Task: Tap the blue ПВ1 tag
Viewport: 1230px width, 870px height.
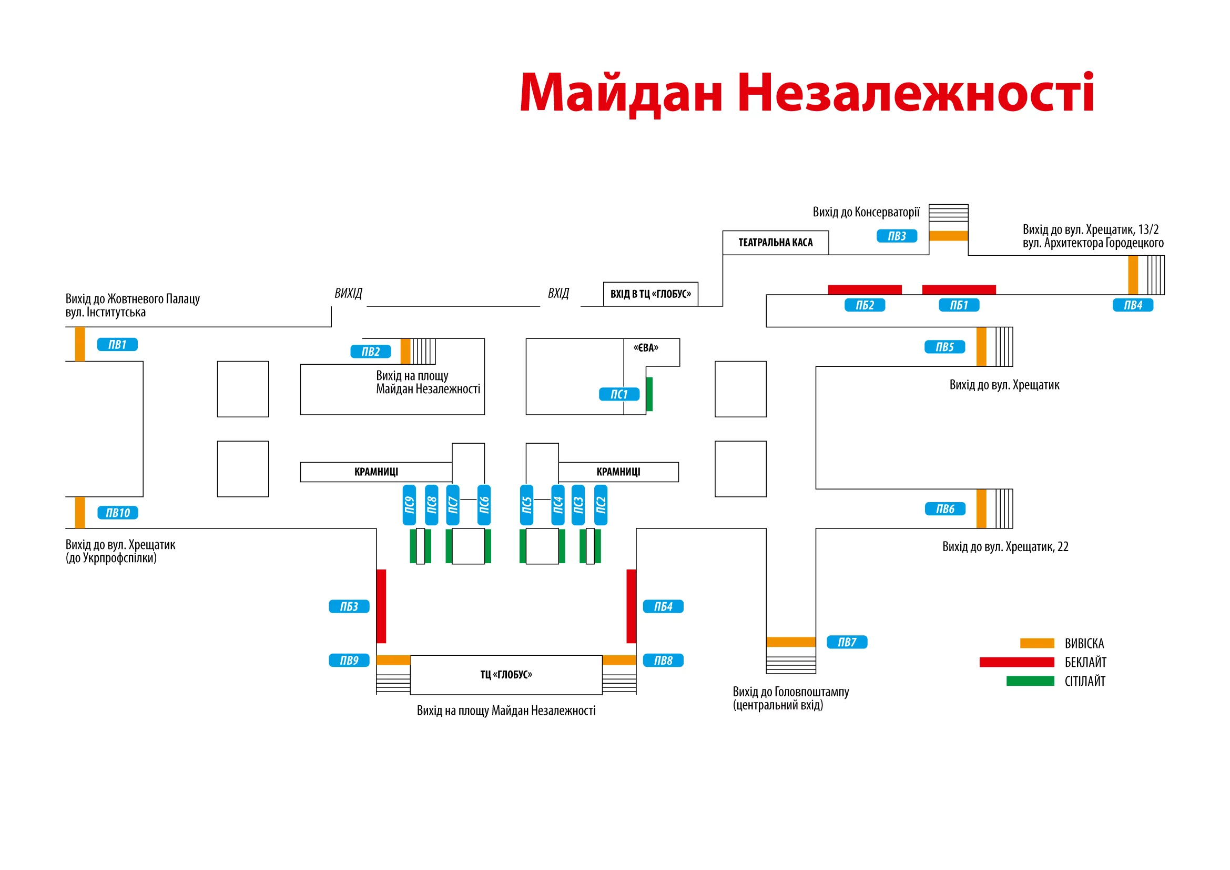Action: click(x=117, y=345)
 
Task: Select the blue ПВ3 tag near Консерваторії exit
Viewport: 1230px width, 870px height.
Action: click(x=897, y=236)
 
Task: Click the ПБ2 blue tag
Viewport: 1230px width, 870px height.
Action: click(x=865, y=305)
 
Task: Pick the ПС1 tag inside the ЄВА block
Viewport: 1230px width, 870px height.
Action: click(x=619, y=394)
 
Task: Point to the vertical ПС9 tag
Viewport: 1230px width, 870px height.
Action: click(x=409, y=505)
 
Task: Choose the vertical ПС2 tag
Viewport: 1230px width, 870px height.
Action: click(x=601, y=505)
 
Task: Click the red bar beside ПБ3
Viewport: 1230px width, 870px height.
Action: click(x=381, y=606)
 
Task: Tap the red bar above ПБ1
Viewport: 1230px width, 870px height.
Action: click(x=959, y=290)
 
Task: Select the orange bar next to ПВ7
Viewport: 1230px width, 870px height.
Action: click(x=791, y=642)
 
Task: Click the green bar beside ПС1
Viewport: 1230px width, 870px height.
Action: click(x=649, y=394)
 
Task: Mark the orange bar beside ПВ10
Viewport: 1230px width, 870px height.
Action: click(x=80, y=513)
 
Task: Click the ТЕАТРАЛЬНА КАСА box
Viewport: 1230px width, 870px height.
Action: click(x=775, y=243)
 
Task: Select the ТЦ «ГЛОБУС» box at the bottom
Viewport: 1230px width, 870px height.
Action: click(x=506, y=675)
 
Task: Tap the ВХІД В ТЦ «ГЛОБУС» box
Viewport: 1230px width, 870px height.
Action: click(x=650, y=294)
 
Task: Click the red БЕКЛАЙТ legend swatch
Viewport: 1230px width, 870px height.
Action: click(x=1016, y=662)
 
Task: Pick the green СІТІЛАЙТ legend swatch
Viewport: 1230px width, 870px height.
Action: click(x=1030, y=681)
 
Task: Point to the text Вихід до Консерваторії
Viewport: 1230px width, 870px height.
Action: click(x=866, y=212)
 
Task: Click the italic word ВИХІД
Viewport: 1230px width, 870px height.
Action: click(x=348, y=293)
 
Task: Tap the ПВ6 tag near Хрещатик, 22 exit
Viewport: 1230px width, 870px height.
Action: click(x=945, y=509)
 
